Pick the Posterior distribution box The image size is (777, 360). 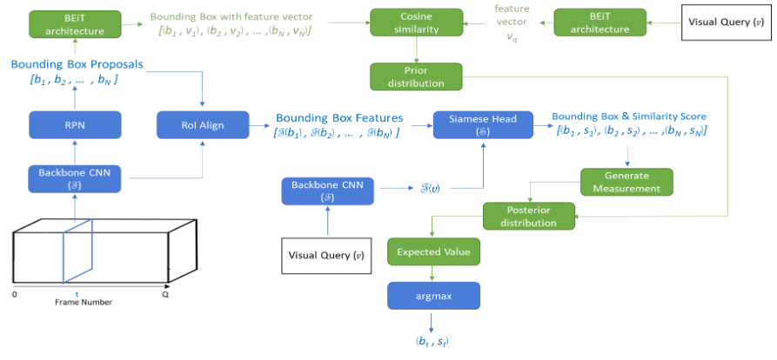pyautogui.click(x=529, y=216)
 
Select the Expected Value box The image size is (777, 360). pyautogui.click(x=433, y=252)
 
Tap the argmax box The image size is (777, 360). pyautogui.click(x=433, y=296)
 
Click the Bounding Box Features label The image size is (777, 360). pyautogui.click(x=339, y=117)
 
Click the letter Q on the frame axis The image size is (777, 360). pyautogui.click(x=166, y=294)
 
